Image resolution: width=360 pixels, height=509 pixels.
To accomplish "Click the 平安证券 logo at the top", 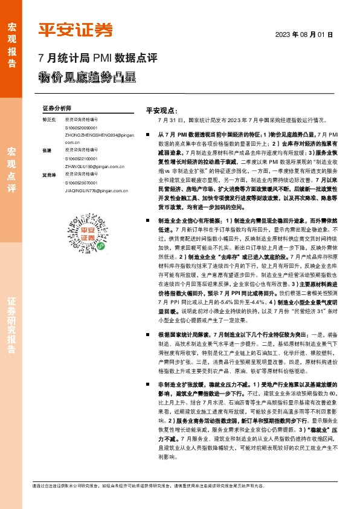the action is (76, 30).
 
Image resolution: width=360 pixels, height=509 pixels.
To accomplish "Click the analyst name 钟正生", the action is (49, 120).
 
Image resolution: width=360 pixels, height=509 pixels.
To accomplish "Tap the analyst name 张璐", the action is (47, 149).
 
